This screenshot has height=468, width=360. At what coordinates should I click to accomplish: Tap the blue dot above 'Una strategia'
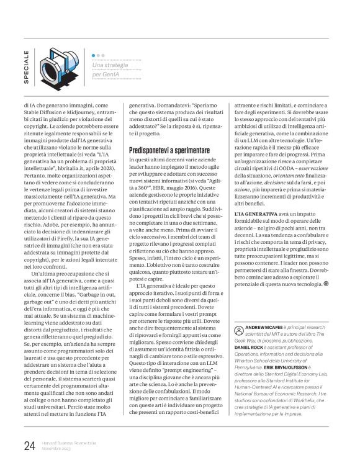pyautogui.click(x=94, y=55)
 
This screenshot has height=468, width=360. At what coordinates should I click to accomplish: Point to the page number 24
pyautogui.click(x=29, y=444)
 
